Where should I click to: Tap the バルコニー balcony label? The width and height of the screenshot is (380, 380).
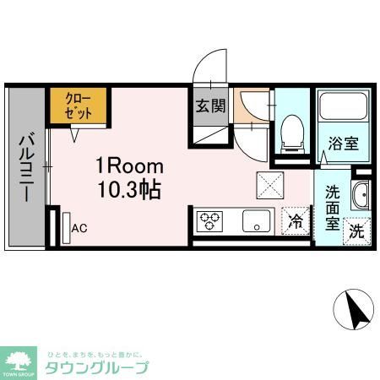point(26,166)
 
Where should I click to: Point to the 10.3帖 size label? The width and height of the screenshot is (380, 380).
point(128,191)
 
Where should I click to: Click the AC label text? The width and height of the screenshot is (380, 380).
point(79,228)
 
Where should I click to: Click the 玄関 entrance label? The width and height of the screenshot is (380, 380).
point(210,106)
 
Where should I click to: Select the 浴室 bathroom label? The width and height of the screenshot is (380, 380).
point(343,144)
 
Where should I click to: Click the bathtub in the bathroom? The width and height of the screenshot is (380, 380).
point(343,107)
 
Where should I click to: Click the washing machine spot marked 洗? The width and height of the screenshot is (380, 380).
point(356,229)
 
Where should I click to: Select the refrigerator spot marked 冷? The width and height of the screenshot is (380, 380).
point(296,222)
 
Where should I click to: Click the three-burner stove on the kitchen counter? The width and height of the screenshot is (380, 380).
point(210,221)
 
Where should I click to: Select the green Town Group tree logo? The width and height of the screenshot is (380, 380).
point(19,361)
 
